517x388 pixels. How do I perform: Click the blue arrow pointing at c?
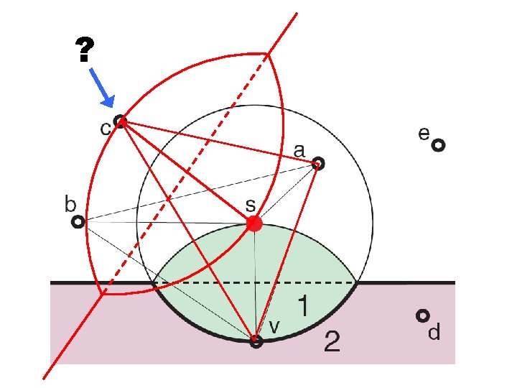coord(103,90)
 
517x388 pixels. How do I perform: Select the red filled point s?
coord(253,224)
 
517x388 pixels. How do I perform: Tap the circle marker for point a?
coord(319,164)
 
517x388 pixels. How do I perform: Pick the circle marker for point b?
coord(78,223)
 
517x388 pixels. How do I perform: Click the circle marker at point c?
coord(120,121)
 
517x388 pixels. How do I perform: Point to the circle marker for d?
coord(424,315)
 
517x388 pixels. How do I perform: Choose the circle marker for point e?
coord(438,146)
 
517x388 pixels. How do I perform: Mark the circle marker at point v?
coord(256,342)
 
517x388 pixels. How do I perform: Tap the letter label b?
coord(70,205)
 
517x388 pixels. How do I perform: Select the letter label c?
coord(104,130)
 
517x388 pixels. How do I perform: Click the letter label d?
coord(434,333)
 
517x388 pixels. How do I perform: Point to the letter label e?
coord(424,133)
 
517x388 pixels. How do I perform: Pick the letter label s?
coord(251,205)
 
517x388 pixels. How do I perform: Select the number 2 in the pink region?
coord(331,341)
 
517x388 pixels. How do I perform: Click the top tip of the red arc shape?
coord(267,53)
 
